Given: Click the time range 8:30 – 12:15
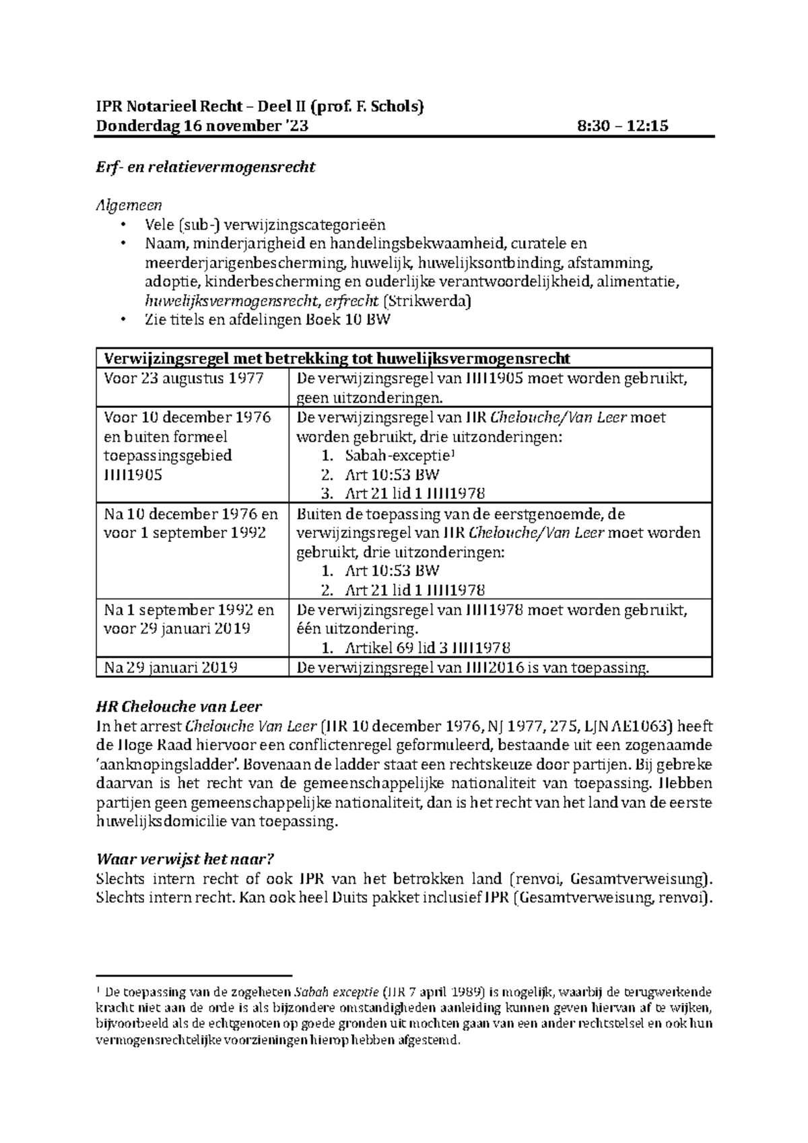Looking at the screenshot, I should coord(623,125).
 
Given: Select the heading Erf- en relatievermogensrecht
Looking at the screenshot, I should coord(205,167).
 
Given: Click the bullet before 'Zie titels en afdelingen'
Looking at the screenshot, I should coord(122,320).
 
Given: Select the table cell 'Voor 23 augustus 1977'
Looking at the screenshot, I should coord(183,378).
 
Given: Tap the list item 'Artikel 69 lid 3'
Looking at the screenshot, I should coord(427,648).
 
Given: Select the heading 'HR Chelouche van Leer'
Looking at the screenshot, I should coord(178,707).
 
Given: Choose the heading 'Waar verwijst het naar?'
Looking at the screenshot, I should coord(185,860).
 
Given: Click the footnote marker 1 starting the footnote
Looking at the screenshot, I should coord(98,990).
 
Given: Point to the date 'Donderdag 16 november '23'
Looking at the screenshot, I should coord(203,125).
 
